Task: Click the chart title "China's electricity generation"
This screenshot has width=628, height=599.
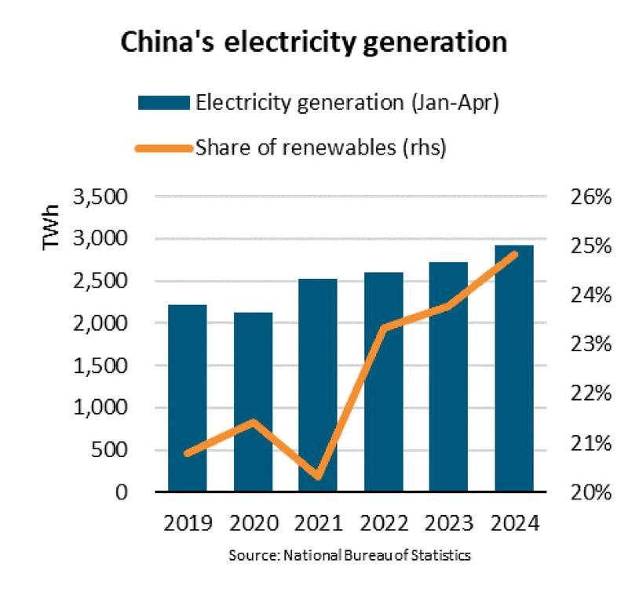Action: pos(314,43)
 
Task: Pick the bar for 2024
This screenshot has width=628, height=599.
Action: pos(514,368)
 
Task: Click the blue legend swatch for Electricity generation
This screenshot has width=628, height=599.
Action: pos(164,103)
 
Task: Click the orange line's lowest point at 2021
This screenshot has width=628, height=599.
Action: pos(318,477)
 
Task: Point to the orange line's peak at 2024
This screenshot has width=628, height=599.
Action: pos(514,253)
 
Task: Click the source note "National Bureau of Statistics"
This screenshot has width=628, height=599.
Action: pos(349,555)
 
